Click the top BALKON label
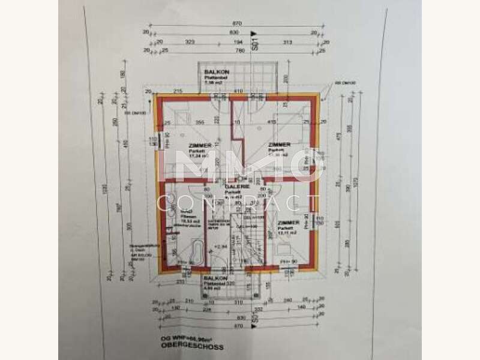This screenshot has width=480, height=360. pyautogui.click(x=214, y=71)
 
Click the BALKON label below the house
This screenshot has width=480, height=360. pyautogui.click(x=214, y=279)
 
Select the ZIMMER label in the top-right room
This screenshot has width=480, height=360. pyautogui.click(x=280, y=145)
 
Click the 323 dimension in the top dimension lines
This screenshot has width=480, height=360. pyautogui.click(x=190, y=42)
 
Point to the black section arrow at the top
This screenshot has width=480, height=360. pyautogui.click(x=254, y=34)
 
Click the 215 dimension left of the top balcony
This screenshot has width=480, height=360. pyautogui.click(x=178, y=91)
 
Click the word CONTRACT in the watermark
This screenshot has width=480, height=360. pyautogui.click(x=240, y=205)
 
